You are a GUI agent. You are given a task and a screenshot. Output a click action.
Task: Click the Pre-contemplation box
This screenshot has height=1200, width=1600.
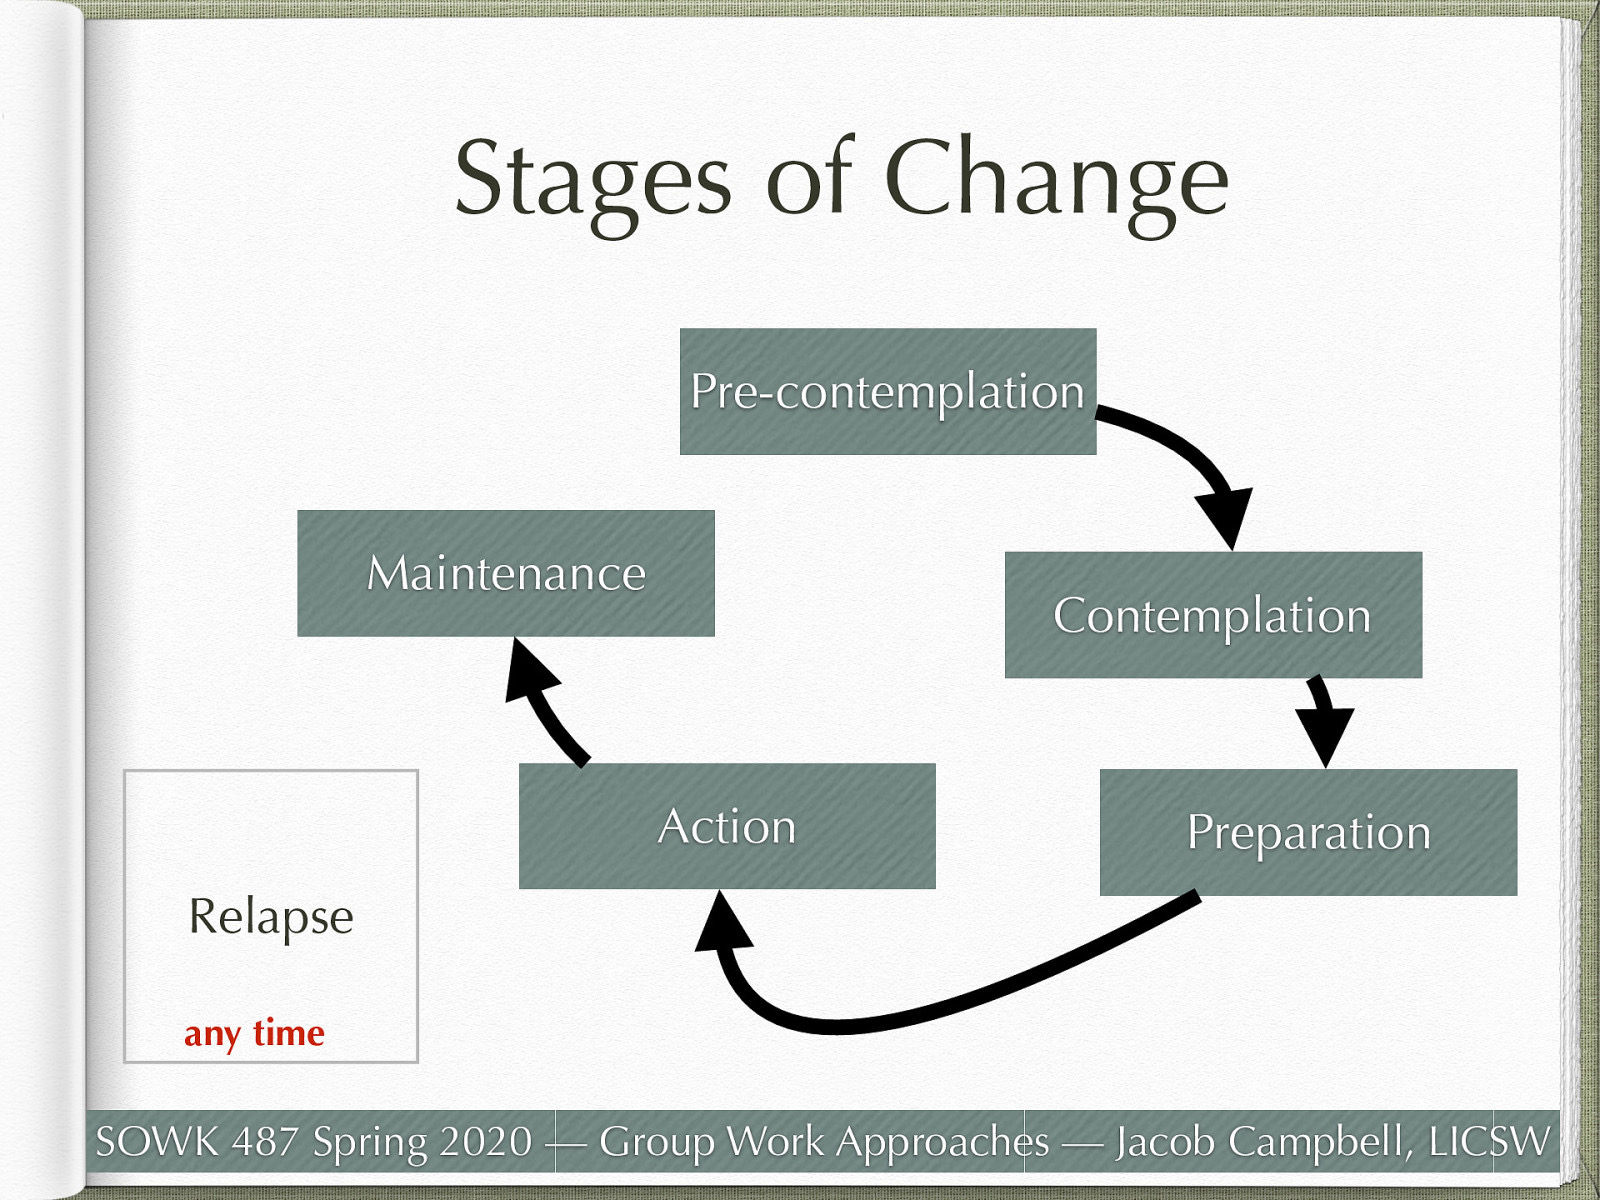coord(888,391)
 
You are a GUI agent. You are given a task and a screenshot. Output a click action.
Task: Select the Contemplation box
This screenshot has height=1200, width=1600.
coord(1213,615)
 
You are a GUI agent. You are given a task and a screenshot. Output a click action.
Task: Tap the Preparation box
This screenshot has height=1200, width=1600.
coord(1308,832)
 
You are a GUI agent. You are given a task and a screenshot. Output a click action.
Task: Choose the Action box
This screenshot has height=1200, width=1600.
coord(727,826)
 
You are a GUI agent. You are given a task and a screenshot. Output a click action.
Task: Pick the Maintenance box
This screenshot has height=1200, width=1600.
coord(506,573)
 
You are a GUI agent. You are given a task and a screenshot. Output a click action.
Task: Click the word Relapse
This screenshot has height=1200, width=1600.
coord(271,916)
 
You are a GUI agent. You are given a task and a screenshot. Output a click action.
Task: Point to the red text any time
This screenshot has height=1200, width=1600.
coord(254,1033)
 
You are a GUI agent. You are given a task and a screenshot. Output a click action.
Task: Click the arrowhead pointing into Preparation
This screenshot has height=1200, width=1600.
coord(1325,732)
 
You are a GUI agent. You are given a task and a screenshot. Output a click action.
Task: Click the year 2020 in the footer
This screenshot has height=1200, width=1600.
coord(486,1141)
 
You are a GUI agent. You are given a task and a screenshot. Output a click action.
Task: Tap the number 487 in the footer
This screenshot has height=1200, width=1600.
coord(265,1141)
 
